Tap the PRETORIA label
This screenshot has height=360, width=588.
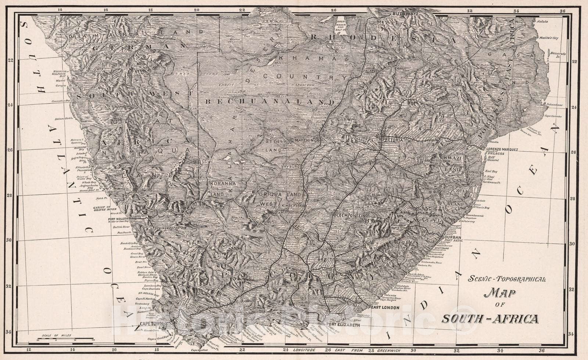(393, 140)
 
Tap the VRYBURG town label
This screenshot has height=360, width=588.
(291, 166)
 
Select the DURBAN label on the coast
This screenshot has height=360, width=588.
(453, 237)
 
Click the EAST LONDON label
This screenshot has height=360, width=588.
(385, 307)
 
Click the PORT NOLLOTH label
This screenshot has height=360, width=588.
(118, 219)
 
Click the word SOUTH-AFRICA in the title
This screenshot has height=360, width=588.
(490, 319)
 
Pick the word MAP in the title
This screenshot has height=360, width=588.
(500, 293)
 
